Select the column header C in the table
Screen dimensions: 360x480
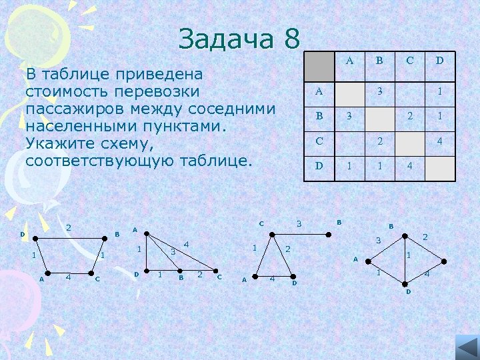410,61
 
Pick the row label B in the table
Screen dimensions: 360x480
319,115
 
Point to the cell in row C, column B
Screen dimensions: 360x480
379,141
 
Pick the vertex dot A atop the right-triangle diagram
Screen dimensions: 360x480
146,234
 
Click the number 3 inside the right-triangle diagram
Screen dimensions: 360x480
173,252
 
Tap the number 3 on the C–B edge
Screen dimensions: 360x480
299,224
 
